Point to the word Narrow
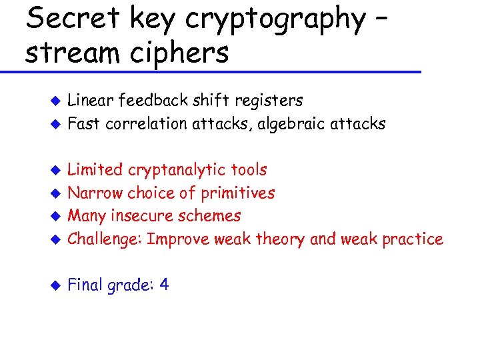click(x=93, y=193)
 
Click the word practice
click(x=413, y=239)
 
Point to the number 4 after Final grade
click(x=164, y=285)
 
